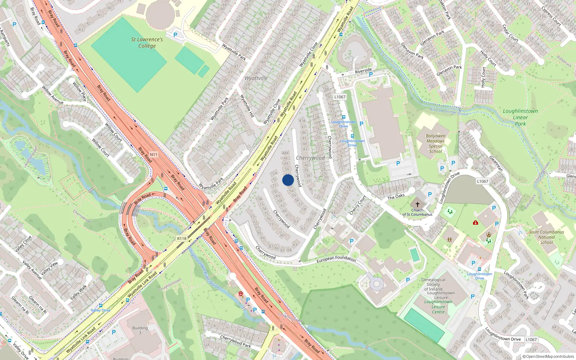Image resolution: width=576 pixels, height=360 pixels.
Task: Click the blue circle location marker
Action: pos(288,180)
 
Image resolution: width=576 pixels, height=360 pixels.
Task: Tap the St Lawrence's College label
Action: pos(147,42)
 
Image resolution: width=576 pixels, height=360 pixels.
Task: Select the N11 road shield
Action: pos(154,154)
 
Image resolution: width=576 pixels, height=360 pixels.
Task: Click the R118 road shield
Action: pos(182,239)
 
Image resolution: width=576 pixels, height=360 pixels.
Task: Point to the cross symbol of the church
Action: pos(418,204)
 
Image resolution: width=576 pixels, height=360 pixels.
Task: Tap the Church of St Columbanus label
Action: pos(417,212)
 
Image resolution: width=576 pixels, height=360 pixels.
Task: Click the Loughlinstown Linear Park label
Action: pos(520,117)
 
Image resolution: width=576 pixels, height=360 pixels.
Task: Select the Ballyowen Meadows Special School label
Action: pos(436,144)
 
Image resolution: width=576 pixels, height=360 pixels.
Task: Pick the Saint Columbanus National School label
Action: pos(546,237)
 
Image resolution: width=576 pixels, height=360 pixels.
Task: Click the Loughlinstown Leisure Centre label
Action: pos(438,307)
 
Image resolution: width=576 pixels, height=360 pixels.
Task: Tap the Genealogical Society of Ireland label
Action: pos(433,284)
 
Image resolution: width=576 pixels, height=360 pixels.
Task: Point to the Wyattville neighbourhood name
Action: pos(256,78)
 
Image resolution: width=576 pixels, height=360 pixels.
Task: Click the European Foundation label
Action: pos(336,258)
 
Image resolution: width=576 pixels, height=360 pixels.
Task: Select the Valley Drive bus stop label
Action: pos(101,310)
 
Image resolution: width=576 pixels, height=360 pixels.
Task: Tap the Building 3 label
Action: pos(140,330)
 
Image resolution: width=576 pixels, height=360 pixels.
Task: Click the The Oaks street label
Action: pos(396,197)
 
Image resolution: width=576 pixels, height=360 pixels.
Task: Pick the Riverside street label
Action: pos(363,71)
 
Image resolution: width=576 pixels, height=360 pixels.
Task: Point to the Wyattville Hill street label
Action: pos(247,106)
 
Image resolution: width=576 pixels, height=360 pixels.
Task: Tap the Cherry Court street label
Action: pos(357,205)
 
